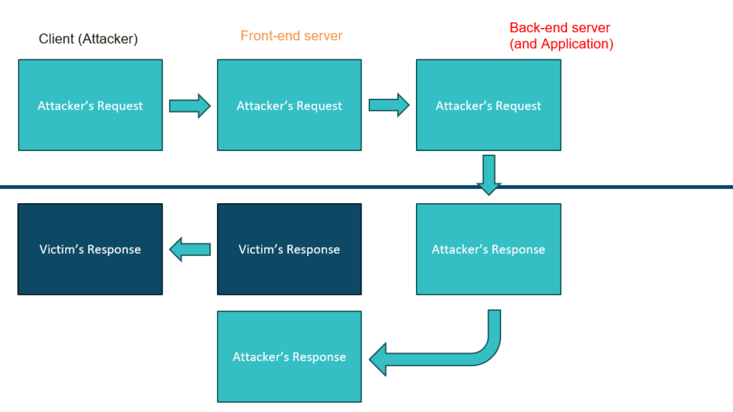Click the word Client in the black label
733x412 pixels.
56,39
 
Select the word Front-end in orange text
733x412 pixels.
267,36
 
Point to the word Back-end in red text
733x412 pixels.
536,28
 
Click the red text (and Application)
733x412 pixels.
561,44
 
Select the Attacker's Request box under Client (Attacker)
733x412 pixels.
90,105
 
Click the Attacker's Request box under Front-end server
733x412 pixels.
289,105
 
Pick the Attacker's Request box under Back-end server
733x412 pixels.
488,105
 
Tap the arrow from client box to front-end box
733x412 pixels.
190,106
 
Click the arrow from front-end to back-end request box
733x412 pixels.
389,106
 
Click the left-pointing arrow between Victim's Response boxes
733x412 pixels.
190,249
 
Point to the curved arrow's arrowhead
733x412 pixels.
379,358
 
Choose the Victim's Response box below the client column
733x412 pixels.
90,249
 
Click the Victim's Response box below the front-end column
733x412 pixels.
289,249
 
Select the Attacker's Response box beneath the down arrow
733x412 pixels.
488,249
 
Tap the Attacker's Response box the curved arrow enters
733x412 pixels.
289,356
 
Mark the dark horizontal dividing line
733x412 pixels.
215,187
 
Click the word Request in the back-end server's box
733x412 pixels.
517,106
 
